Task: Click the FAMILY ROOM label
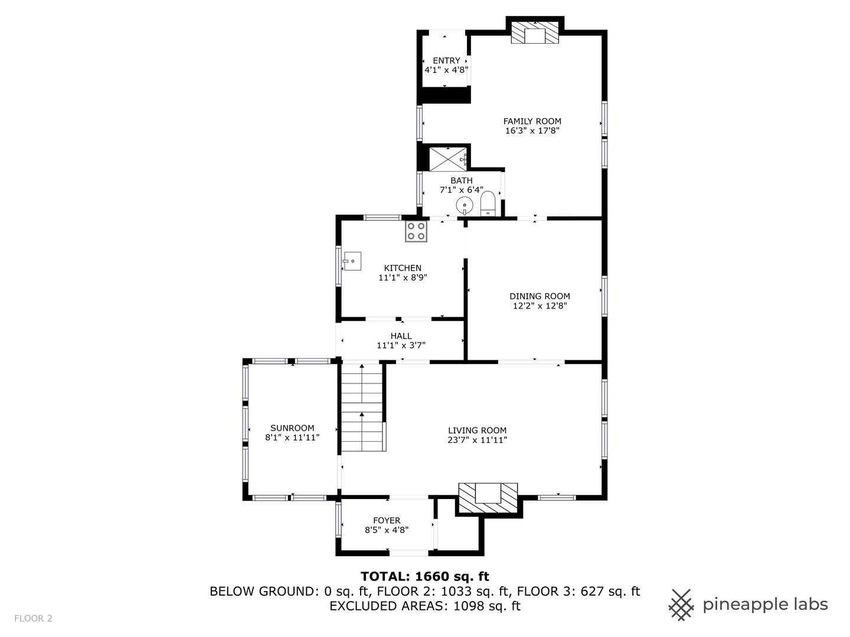point(532,122)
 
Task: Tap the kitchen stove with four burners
point(416,231)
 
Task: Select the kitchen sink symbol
point(352,261)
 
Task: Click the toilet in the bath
point(488,203)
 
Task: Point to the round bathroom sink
point(465,205)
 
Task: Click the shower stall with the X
point(448,159)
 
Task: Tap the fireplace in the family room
point(535,32)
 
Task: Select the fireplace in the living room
point(488,498)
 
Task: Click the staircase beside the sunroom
point(362,407)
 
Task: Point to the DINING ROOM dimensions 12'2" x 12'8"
point(540,306)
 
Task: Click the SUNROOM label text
point(292,428)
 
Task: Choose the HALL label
point(401,336)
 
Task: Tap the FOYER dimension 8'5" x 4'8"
point(387,530)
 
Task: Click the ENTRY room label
point(446,61)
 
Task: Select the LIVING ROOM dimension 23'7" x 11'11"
point(477,440)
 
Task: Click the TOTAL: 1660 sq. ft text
point(425,577)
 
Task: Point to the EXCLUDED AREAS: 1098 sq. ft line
point(425,606)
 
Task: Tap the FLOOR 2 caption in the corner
point(33,619)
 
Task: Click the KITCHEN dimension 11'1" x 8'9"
point(403,277)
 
